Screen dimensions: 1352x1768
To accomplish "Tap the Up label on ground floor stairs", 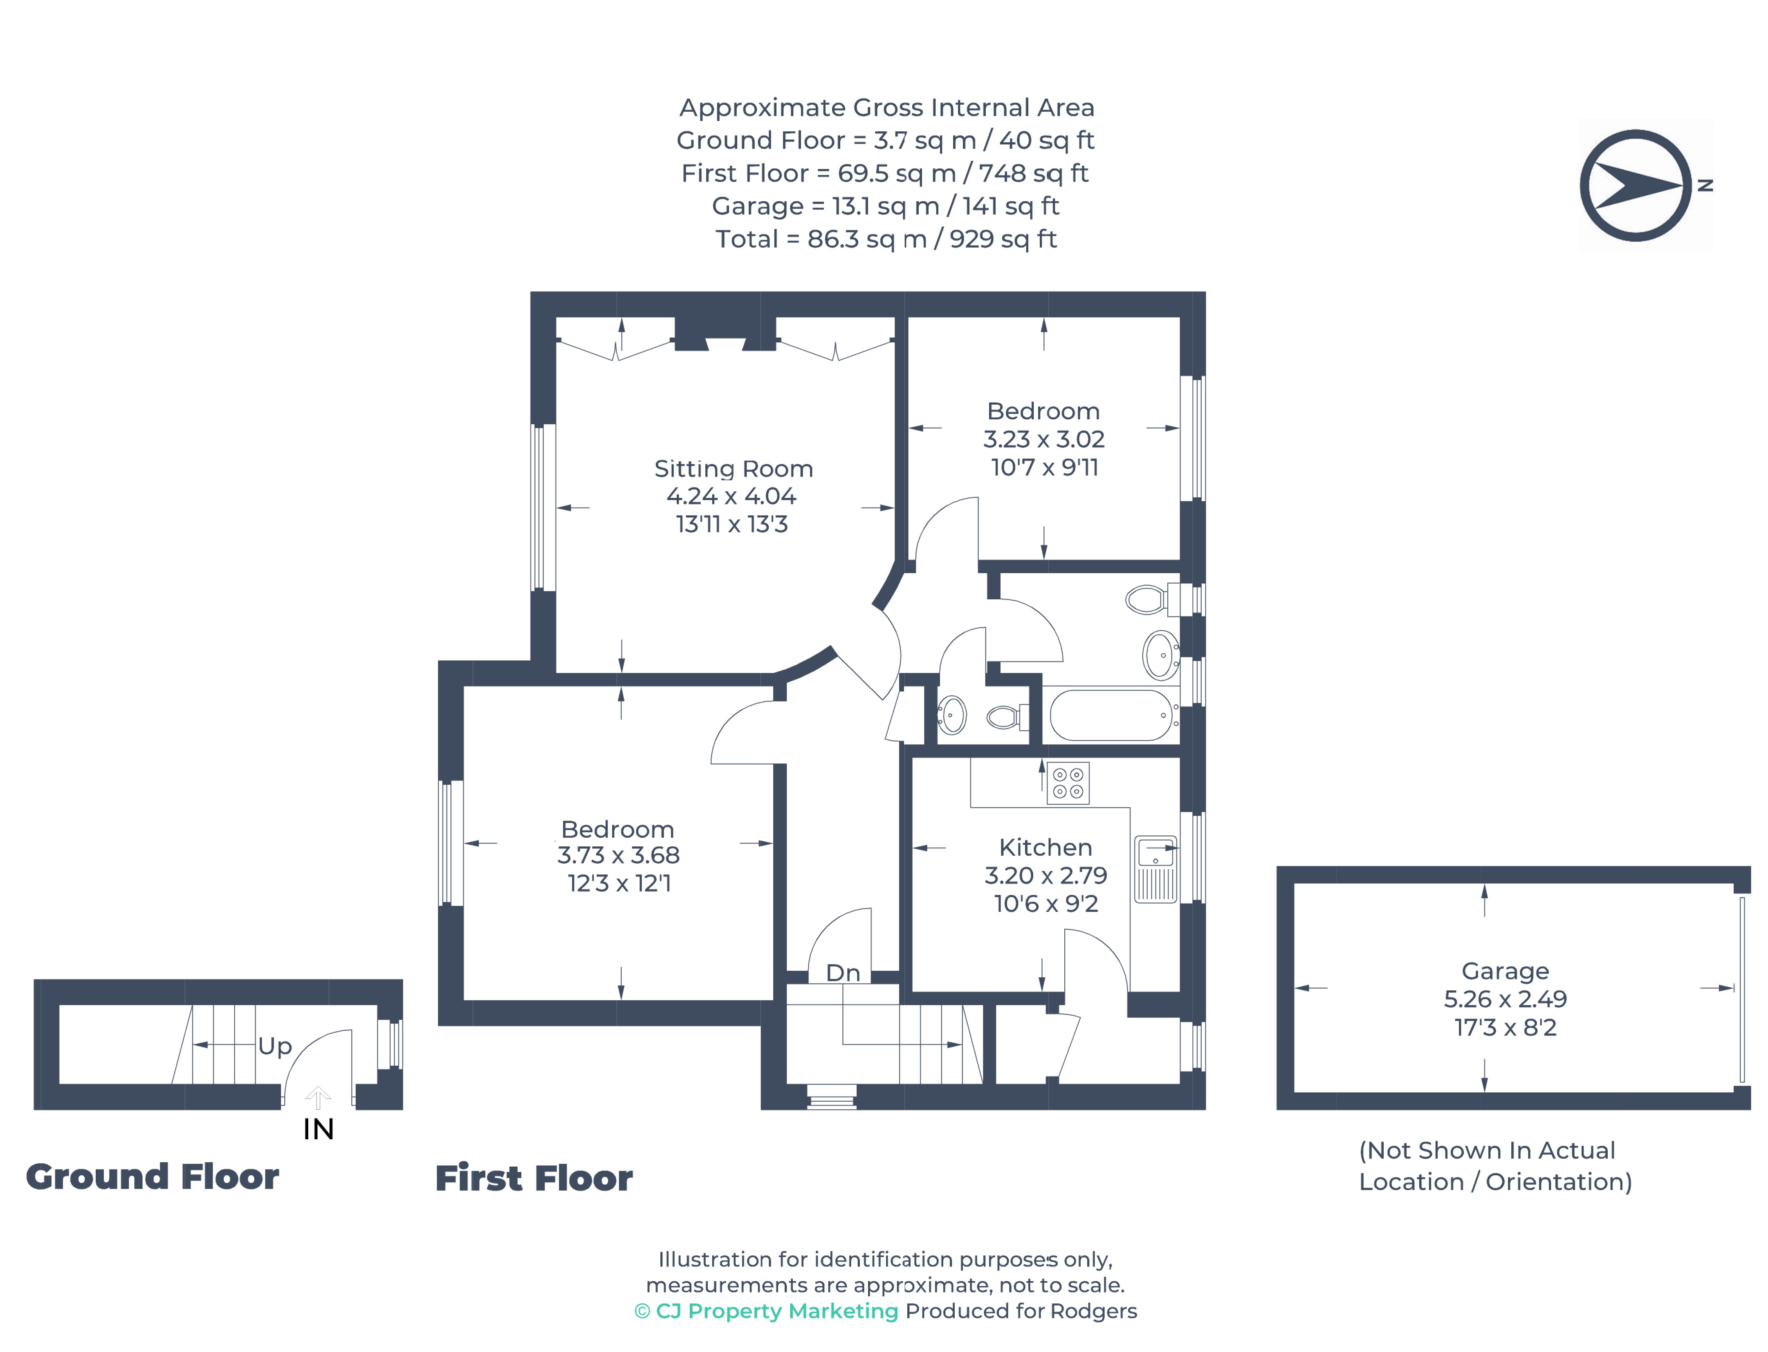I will pos(274,1046).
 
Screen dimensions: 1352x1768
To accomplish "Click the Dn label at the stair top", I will pos(842,973).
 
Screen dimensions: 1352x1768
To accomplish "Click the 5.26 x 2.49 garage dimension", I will pos(1504,999).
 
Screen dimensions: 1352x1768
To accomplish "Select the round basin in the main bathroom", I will pos(1160,655).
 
